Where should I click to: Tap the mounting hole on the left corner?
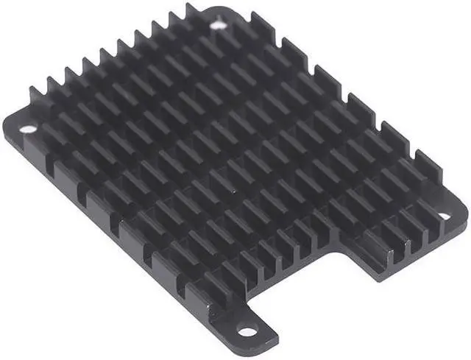click(27, 129)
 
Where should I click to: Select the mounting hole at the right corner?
click(445, 216)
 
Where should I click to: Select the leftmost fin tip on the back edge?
click(34, 91)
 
